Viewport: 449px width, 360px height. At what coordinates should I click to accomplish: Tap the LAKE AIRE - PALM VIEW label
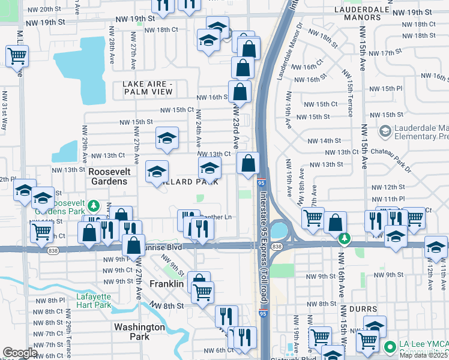[148, 88]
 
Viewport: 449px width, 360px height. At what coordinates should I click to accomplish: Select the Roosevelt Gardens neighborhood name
[108, 176]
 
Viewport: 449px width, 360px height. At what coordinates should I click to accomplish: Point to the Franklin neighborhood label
[166, 284]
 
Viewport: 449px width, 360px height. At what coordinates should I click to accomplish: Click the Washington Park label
[139, 332]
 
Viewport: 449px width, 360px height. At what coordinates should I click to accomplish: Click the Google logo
[19, 353]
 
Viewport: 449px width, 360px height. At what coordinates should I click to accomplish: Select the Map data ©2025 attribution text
[423, 355]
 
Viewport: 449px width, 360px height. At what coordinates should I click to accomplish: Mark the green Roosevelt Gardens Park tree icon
[93, 206]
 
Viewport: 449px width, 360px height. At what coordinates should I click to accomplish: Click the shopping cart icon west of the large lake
[17, 56]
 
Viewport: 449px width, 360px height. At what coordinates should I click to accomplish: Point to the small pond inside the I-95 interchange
[278, 230]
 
